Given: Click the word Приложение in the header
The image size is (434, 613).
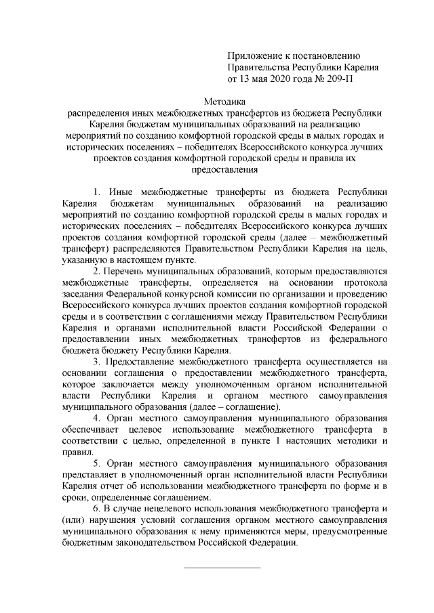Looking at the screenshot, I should (x=254, y=56).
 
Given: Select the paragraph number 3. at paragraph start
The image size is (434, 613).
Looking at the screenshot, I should (x=97, y=362).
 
